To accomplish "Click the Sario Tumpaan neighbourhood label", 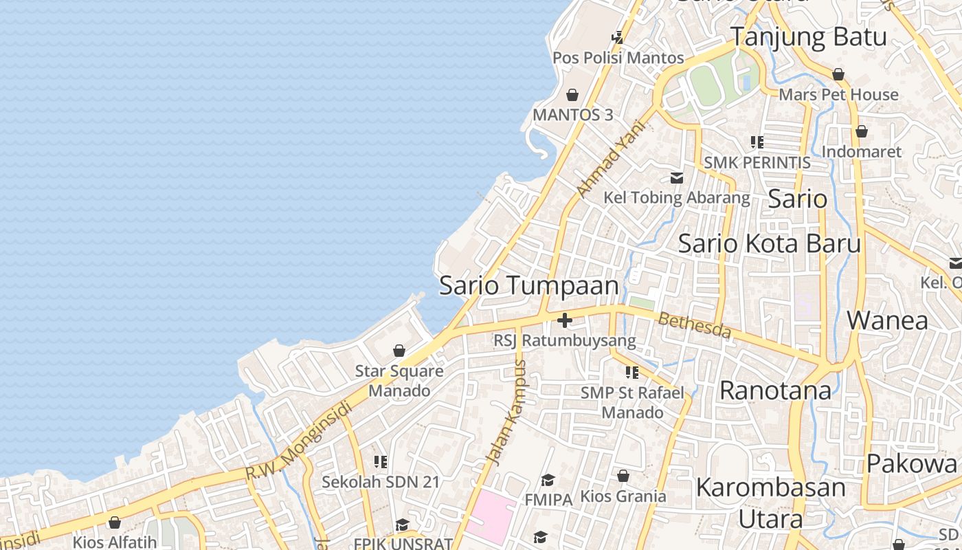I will pyautogui.click(x=528, y=285).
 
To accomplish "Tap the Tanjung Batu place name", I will pyautogui.click(x=808, y=37).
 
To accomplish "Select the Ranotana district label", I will pyautogui.click(x=775, y=390).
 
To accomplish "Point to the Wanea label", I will pyautogui.click(x=887, y=320).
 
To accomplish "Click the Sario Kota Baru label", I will pyautogui.click(x=769, y=243).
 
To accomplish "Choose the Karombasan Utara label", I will pyautogui.click(x=770, y=503).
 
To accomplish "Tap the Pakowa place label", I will pyautogui.click(x=911, y=463).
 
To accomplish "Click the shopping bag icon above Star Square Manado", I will pyautogui.click(x=399, y=351).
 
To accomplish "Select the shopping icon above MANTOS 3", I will pyautogui.click(x=572, y=95).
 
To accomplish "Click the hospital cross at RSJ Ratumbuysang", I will pyautogui.click(x=565, y=320).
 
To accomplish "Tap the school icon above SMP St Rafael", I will pyautogui.click(x=632, y=373).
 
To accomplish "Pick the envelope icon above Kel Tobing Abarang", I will pyautogui.click(x=677, y=178).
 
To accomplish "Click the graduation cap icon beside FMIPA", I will pyautogui.click(x=548, y=480).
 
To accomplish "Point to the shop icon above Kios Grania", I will pyautogui.click(x=623, y=476).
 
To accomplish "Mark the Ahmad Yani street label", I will pyautogui.click(x=611, y=159).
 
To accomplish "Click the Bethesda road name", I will pyautogui.click(x=695, y=325).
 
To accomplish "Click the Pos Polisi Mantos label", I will pyautogui.click(x=618, y=58).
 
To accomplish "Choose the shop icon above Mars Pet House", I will pyautogui.click(x=838, y=74).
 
